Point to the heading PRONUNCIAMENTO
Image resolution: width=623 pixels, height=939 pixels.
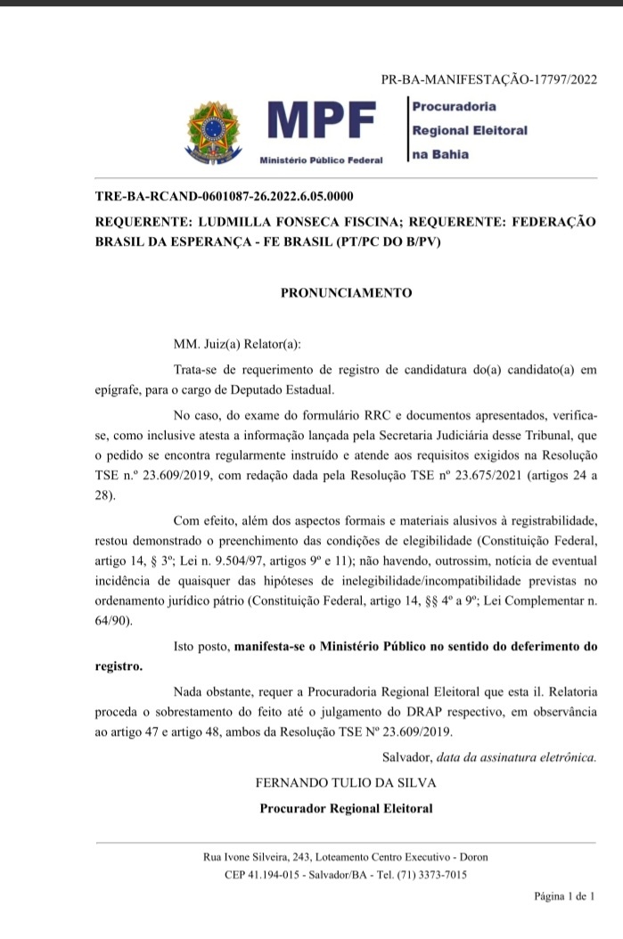coord(346,291)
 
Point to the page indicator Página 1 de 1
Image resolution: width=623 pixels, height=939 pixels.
coord(563,896)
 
